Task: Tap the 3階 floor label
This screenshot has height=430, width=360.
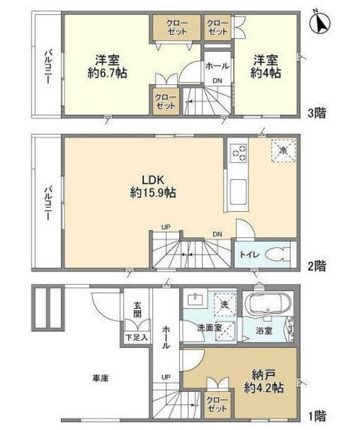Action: coord(318,112)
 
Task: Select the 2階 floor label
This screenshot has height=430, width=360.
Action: coord(318,266)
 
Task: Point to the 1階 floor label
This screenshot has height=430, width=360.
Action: coord(318,415)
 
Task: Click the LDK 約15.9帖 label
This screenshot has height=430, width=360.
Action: coord(148,186)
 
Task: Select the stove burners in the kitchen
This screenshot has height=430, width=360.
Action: coord(238,153)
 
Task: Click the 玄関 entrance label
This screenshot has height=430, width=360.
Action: coord(137,310)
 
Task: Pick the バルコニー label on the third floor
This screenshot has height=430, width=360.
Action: coord(48,66)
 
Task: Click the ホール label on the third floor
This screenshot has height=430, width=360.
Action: coord(217,67)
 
